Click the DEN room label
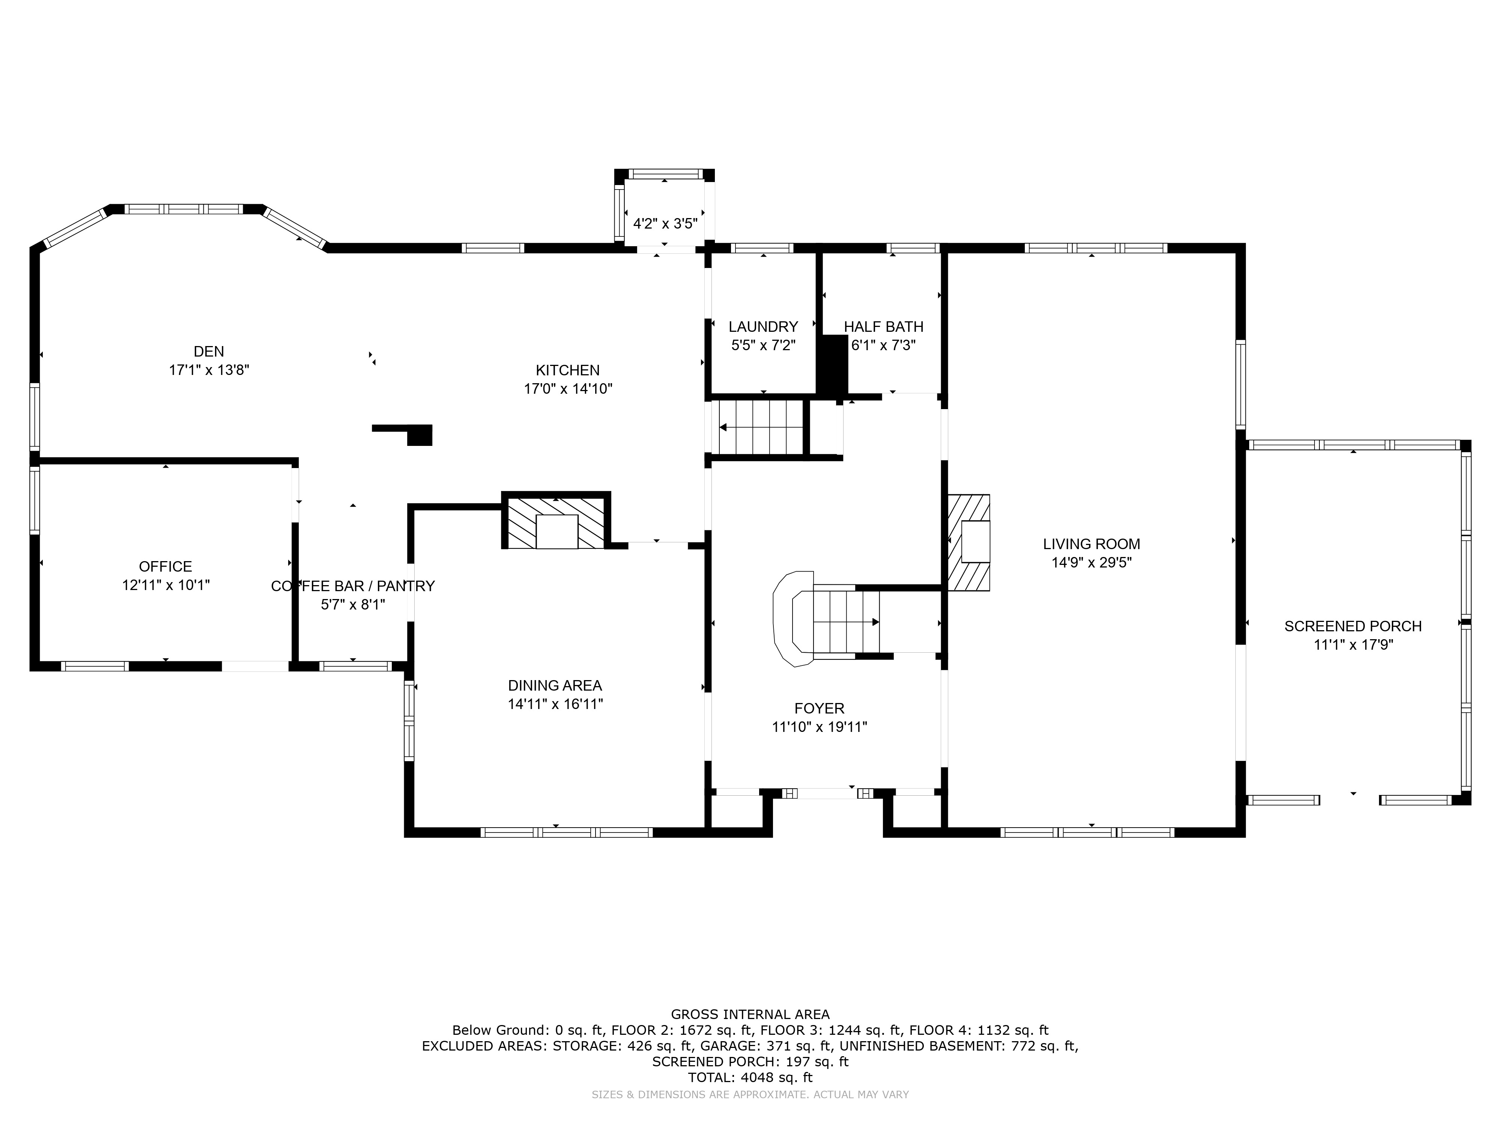point(209,352)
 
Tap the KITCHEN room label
point(568,370)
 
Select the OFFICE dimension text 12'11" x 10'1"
point(166,585)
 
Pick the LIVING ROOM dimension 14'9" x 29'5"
point(1092,563)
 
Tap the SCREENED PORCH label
point(1353,626)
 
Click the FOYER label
point(820,709)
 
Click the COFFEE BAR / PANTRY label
point(353,586)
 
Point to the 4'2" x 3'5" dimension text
point(665,224)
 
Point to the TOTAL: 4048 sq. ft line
point(750,1077)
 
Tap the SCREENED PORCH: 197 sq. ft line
point(750,1061)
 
